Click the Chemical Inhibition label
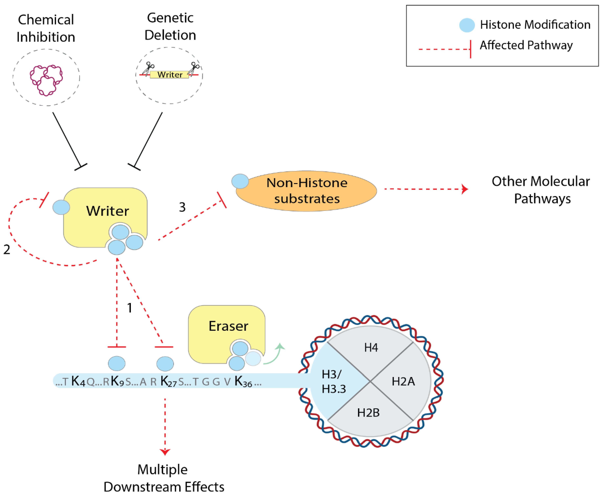46,28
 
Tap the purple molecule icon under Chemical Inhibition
46,80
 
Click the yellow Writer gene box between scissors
170,75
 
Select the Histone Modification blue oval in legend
467,25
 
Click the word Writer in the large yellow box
107,211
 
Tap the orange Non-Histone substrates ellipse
307,191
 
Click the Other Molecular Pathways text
540,190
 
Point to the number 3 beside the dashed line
182,207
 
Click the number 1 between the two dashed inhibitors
129,308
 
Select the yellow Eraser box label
228,326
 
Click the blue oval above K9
117,363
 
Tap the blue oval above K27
165,364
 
